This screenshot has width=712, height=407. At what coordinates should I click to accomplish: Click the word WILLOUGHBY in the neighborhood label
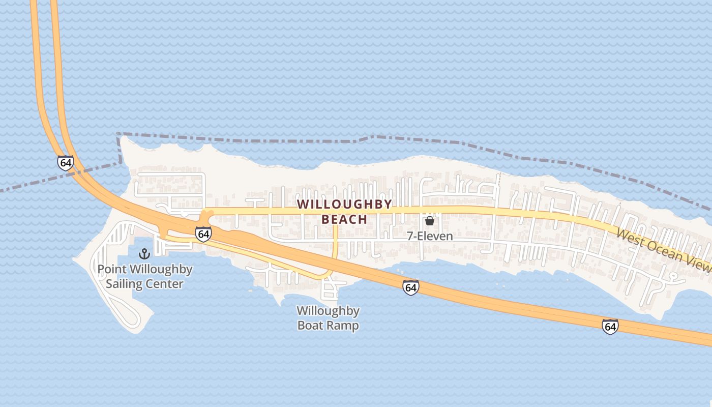[x=344, y=205]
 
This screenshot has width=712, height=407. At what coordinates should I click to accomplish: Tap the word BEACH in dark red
[x=344, y=219]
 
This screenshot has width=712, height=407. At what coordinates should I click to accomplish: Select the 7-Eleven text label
[x=430, y=237]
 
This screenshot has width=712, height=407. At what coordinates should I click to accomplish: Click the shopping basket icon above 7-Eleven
[x=430, y=221]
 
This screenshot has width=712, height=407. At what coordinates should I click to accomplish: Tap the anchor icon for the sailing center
[x=145, y=253]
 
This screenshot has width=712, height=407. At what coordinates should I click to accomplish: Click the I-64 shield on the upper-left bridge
[x=65, y=163]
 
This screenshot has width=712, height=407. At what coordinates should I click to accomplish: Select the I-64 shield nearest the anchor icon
[x=203, y=234]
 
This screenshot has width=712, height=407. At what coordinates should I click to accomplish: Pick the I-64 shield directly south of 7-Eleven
[x=410, y=287]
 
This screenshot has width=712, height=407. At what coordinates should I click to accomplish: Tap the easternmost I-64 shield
[x=610, y=326]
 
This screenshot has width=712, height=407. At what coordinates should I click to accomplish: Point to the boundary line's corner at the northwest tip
[x=118, y=134]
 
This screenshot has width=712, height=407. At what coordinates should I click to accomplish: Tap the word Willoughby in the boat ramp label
[x=328, y=311]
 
